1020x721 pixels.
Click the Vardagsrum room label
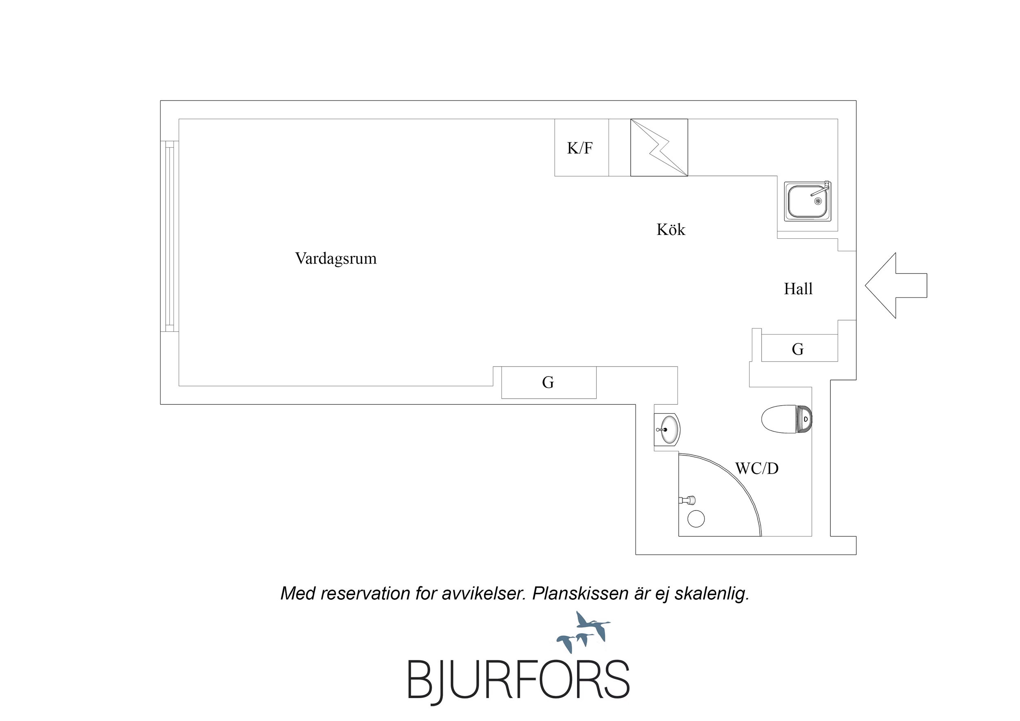(x=336, y=258)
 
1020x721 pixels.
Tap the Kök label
(x=671, y=230)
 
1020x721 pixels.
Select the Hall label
(x=798, y=289)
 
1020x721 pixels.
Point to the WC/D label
(x=757, y=468)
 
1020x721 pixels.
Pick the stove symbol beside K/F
(x=659, y=147)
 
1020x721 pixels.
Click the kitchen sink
(x=807, y=201)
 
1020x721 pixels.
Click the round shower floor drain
(x=696, y=519)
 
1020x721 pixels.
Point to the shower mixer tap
(x=687, y=500)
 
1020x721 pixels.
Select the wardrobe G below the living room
(x=548, y=382)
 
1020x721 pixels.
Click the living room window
(x=169, y=236)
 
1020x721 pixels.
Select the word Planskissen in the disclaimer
(x=580, y=594)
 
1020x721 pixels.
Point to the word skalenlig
(x=712, y=594)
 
